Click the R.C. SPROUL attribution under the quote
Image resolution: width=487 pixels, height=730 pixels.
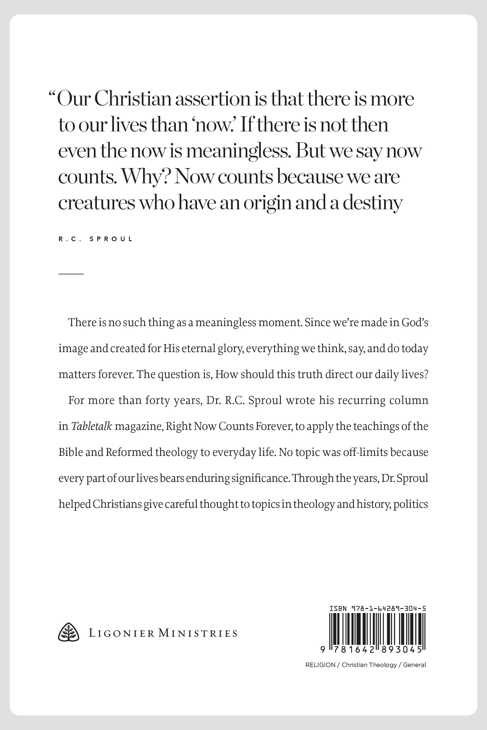96,239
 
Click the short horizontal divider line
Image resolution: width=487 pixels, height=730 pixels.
71,274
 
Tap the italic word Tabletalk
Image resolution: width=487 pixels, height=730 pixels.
92,426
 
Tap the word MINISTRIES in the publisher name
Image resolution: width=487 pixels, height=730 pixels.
198,633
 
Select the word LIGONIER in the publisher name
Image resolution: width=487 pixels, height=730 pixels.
122,633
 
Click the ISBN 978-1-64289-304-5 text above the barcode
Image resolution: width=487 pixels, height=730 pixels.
377,609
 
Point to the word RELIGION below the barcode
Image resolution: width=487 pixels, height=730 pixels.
320,665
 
